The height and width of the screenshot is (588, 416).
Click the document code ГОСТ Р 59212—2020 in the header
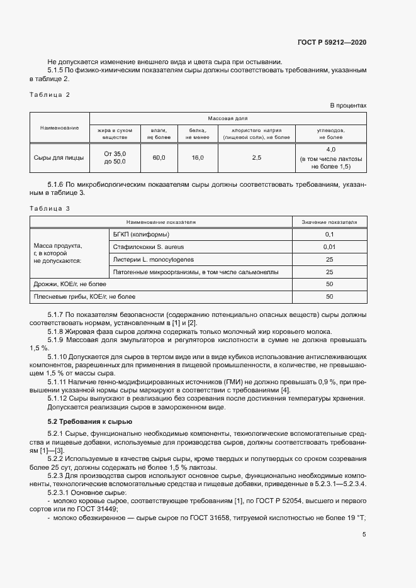[x=332, y=42]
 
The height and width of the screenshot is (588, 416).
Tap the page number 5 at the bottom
[x=364, y=535]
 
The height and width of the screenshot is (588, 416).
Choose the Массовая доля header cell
[x=228, y=118]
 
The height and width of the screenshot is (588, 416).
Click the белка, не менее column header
[x=197, y=133]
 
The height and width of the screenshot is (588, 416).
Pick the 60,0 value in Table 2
[x=159, y=158]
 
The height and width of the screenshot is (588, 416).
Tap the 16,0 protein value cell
[x=197, y=158]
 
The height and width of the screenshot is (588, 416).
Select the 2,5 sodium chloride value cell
[x=256, y=158]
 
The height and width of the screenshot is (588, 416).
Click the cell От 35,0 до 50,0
[x=115, y=158]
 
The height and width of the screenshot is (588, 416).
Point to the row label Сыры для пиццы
[x=60, y=158]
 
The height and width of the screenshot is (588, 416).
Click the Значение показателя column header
[x=329, y=222]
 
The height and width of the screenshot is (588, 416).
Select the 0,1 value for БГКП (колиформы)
[x=329, y=235]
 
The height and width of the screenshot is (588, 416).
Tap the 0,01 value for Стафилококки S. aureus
[x=329, y=247]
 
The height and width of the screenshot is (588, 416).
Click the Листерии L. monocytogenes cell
[x=154, y=259]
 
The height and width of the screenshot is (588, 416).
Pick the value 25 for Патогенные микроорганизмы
[x=329, y=272]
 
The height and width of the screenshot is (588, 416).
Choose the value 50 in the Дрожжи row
[x=329, y=284]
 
